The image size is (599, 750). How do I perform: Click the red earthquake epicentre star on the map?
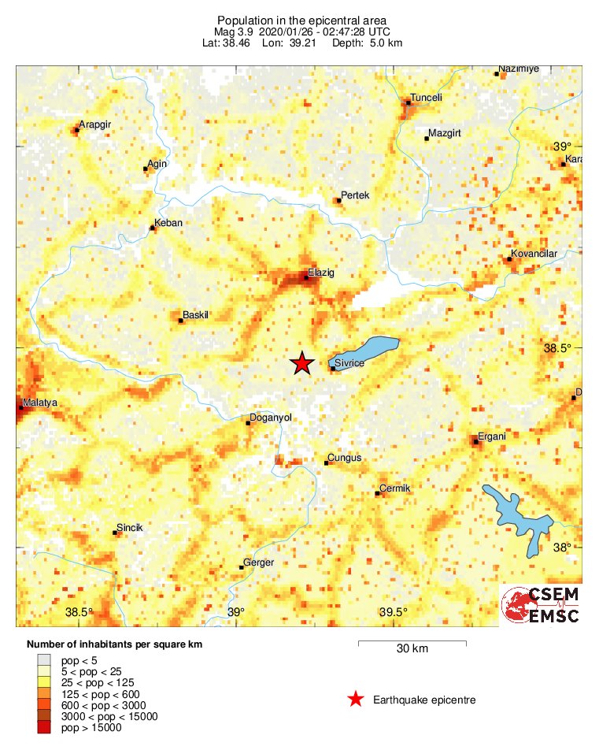(301, 363)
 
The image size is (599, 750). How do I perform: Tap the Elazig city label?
(320, 272)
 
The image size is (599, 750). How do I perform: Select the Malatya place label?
(40, 403)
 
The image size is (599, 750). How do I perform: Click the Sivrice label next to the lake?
(349, 363)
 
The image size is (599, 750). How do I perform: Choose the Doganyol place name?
(270, 418)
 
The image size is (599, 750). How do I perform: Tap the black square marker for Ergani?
(475, 441)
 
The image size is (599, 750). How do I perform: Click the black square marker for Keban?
(153, 228)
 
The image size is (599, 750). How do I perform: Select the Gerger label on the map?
(259, 562)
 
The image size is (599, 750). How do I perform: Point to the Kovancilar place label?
(534, 254)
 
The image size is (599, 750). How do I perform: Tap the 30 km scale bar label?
(412, 649)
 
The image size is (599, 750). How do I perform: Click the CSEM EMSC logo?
(541, 605)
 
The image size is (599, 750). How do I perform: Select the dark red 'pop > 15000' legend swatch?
(45, 728)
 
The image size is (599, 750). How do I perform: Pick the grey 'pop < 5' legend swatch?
(45, 659)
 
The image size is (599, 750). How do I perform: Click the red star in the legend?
(356, 699)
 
